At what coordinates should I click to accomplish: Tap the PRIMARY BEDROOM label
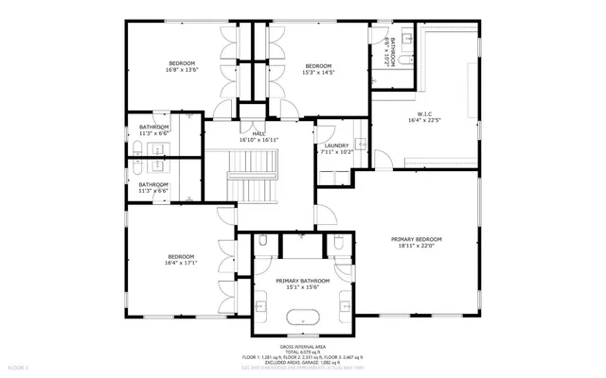tap(417, 239)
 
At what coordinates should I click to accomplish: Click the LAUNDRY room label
tap(337, 145)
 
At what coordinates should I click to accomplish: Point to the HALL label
tap(258, 133)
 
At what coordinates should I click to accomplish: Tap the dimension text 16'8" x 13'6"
tap(181, 69)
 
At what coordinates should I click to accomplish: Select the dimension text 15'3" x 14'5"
tap(317, 71)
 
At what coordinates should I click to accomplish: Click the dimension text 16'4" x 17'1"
tap(181, 263)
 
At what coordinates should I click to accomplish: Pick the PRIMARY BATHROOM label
tap(303, 281)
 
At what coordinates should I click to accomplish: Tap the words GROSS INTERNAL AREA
tap(303, 347)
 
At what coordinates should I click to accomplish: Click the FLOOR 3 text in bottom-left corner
tap(19, 366)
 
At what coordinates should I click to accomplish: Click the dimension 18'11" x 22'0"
tap(417, 246)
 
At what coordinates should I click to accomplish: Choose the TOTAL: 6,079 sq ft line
tap(303, 352)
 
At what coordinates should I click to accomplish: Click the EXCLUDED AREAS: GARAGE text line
tap(303, 362)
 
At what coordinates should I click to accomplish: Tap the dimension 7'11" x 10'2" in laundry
tap(337, 151)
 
